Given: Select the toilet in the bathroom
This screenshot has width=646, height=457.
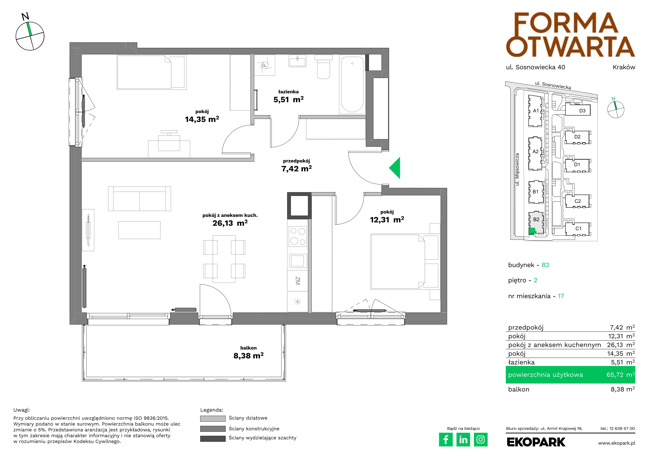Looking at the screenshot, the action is pyautogui.click(x=324, y=67).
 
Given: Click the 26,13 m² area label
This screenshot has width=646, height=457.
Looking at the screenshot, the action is pyautogui.click(x=230, y=223).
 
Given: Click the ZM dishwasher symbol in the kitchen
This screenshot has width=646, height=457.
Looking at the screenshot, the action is pyautogui.click(x=297, y=281).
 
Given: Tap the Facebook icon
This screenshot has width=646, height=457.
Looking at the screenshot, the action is pyautogui.click(x=446, y=439).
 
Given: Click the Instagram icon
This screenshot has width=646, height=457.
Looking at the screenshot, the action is pyautogui.click(x=481, y=439).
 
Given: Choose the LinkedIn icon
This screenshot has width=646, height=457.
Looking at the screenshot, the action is pyautogui.click(x=463, y=439).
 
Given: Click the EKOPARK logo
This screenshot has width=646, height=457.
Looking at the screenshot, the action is pyautogui.click(x=536, y=442).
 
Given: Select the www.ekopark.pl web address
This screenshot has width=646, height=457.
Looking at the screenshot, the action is pyautogui.click(x=617, y=443).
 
